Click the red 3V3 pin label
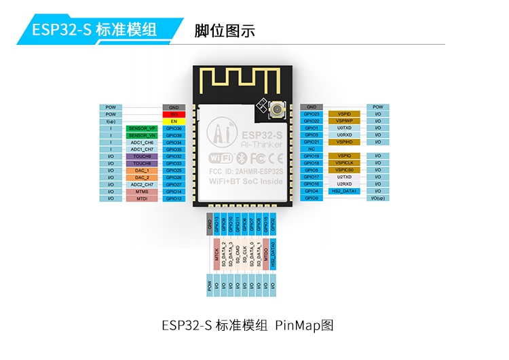(x=174, y=114)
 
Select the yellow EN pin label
(x=174, y=121)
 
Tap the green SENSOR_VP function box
(x=142, y=128)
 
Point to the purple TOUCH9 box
(x=142, y=156)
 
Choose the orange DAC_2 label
(x=142, y=177)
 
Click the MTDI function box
(x=142, y=198)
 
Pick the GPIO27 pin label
(x=174, y=184)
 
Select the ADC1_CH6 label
(x=142, y=142)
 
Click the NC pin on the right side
(x=312, y=149)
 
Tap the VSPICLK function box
(x=344, y=163)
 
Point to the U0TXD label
(x=344, y=128)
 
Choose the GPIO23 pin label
(x=312, y=113)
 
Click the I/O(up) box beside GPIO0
(x=378, y=198)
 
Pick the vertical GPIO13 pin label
(x=216, y=225)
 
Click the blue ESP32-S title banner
(x=95, y=30)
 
